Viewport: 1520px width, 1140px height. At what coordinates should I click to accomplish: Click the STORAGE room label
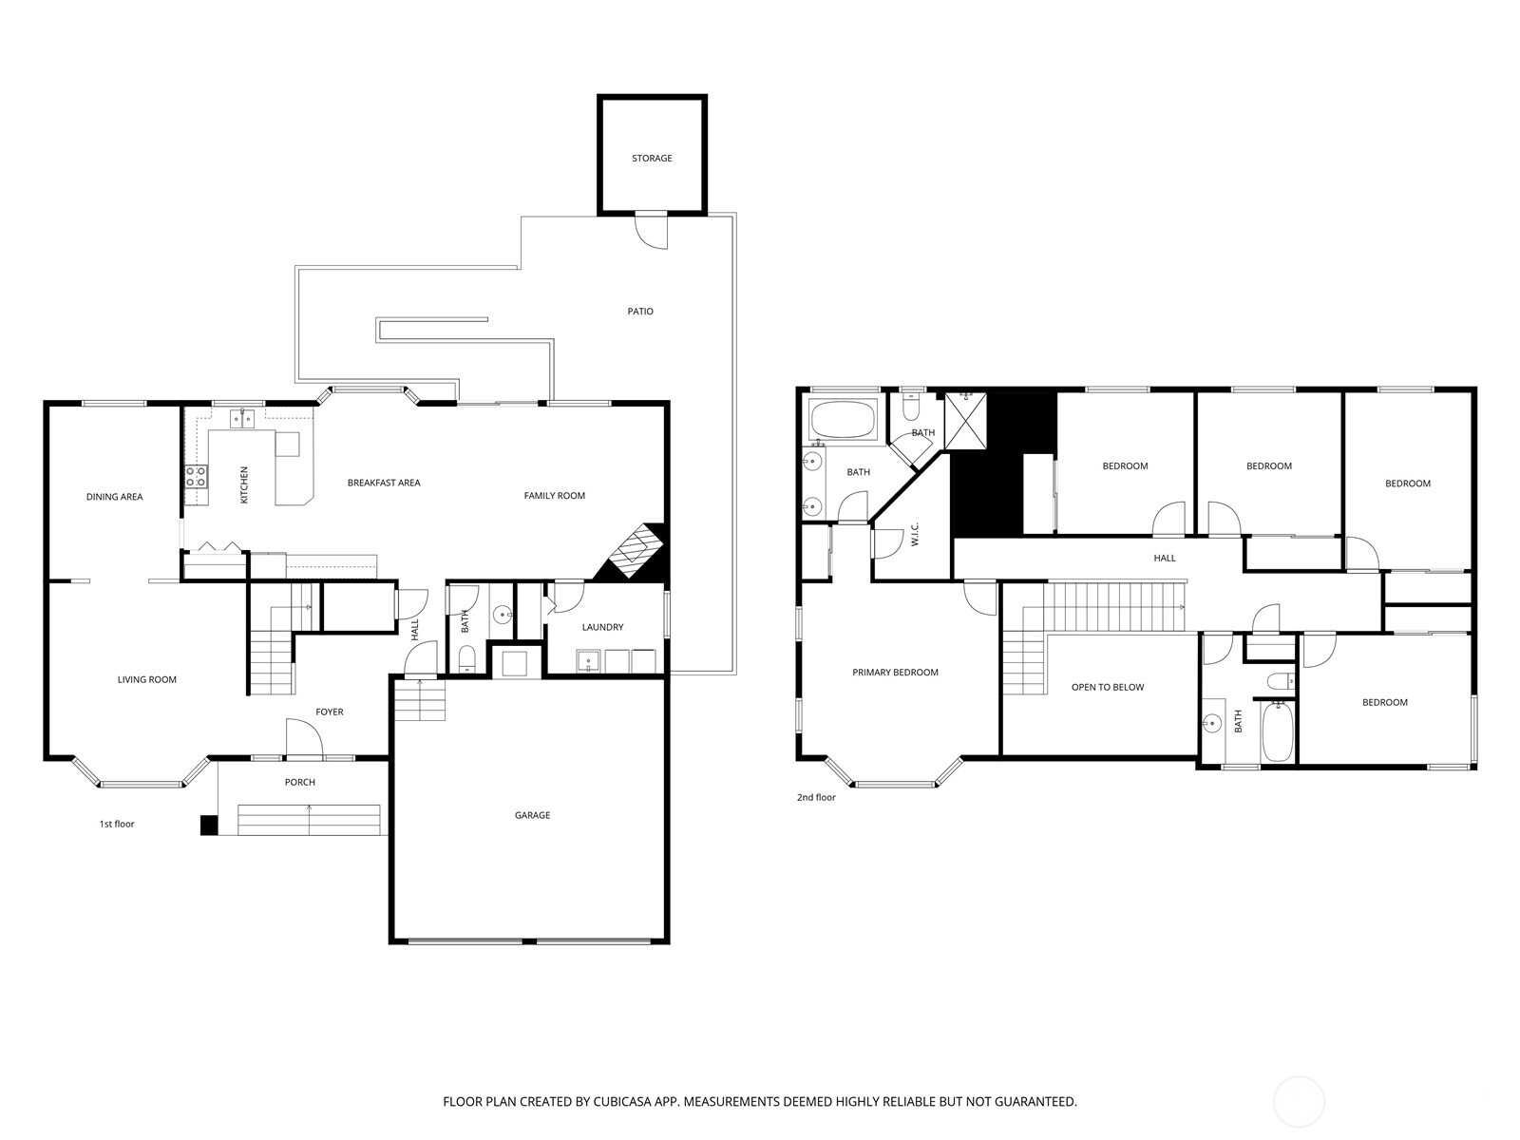(x=652, y=159)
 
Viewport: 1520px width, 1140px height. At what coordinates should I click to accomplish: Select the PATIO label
(x=640, y=312)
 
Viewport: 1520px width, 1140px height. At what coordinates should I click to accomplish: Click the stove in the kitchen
(x=196, y=476)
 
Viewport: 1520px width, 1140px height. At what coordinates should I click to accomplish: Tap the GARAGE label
(x=532, y=815)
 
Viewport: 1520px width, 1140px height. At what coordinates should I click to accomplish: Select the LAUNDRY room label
(x=602, y=627)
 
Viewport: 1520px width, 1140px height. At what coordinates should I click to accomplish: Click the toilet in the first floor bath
(x=466, y=657)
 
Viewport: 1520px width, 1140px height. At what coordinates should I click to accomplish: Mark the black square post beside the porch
(x=209, y=826)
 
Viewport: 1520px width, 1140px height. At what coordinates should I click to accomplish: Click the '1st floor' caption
(x=117, y=824)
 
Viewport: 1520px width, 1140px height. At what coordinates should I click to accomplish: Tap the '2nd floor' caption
(x=816, y=797)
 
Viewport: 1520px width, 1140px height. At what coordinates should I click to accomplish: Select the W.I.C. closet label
(x=915, y=534)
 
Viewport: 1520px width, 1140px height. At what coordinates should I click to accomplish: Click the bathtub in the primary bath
(x=843, y=420)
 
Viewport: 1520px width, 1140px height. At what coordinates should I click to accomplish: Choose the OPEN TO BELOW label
(x=1108, y=687)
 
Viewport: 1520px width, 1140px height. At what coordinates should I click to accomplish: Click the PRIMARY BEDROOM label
(x=895, y=673)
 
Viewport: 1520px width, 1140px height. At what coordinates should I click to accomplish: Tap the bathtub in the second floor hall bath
(x=1278, y=731)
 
